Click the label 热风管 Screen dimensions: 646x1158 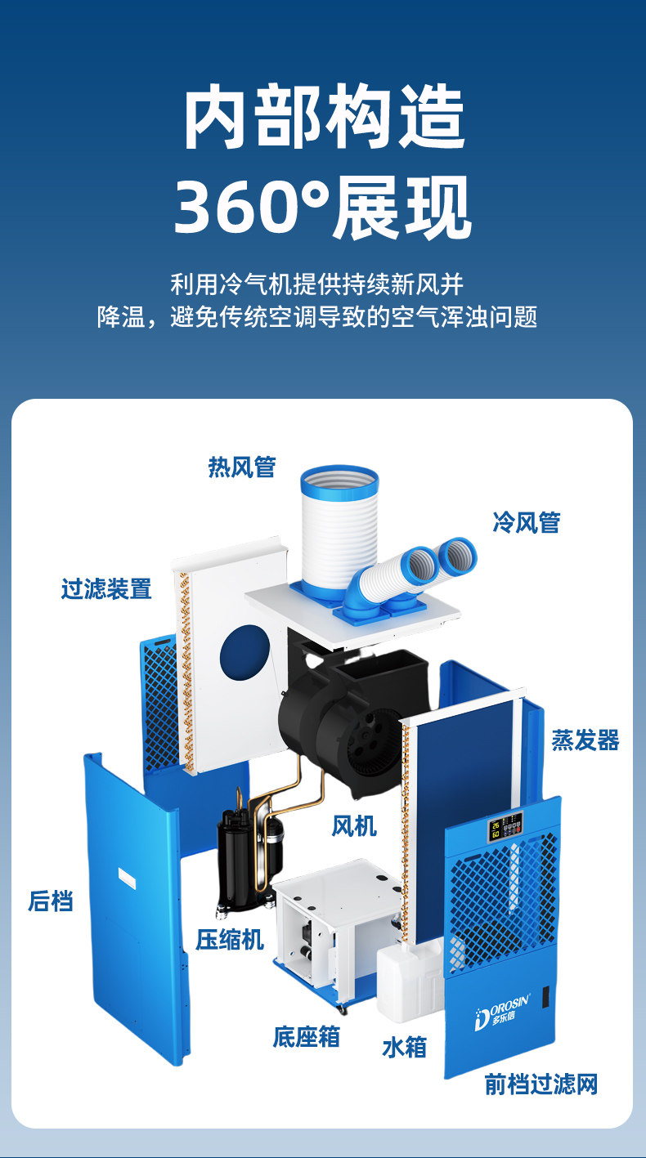point(241,467)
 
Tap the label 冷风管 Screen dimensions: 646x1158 point(527,522)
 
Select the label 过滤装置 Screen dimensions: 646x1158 point(106,588)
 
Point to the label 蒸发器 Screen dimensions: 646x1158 point(585,740)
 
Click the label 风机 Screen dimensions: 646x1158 point(354,825)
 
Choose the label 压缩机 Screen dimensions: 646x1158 point(230,939)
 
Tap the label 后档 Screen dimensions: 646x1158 point(50,901)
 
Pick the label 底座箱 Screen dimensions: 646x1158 point(306,1036)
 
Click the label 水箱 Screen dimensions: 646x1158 point(405,1047)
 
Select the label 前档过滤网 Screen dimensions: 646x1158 point(541,1084)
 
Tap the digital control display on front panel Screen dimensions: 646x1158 point(505,826)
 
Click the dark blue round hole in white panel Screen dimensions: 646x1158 point(244,652)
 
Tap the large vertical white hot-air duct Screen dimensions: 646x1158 point(339,533)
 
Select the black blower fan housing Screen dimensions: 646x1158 point(352,713)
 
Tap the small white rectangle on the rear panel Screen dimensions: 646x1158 point(127,878)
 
